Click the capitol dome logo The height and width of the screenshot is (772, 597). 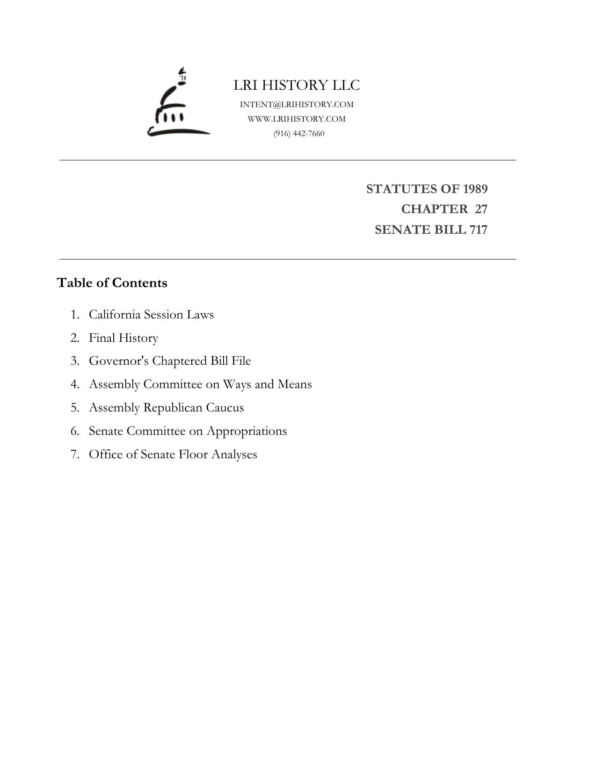click(x=178, y=103)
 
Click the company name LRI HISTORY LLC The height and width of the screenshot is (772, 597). click(x=297, y=85)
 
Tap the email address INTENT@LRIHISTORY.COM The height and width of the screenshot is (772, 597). click(x=297, y=104)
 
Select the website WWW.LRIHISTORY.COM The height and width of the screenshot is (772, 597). click(x=297, y=119)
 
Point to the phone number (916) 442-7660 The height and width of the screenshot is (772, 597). click(x=299, y=133)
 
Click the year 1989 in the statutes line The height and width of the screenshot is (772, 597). click(x=475, y=189)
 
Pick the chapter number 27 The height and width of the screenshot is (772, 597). click(x=481, y=209)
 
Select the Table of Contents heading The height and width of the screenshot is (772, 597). click(x=112, y=283)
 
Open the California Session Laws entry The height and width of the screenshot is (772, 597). click(x=151, y=314)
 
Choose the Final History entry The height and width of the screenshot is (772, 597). click(x=124, y=338)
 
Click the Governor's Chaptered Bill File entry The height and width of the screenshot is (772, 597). click(x=170, y=361)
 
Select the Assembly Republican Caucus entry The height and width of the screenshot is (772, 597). click(x=166, y=408)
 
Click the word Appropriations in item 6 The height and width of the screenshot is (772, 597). click(x=247, y=431)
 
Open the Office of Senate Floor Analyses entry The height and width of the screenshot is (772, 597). click(x=173, y=455)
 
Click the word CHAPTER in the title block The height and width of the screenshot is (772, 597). click(x=434, y=209)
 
